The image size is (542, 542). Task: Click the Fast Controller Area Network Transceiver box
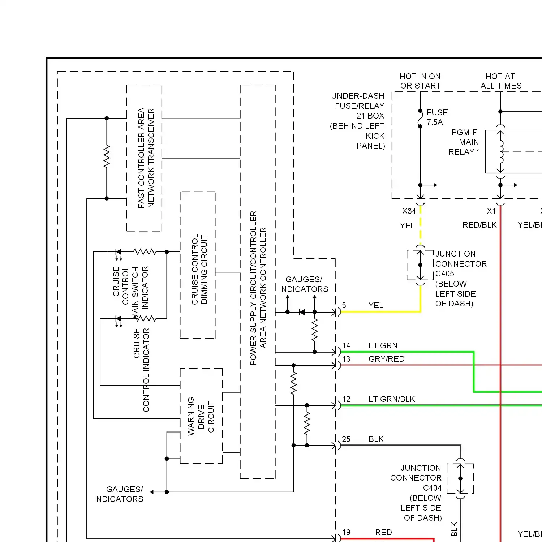[144, 158]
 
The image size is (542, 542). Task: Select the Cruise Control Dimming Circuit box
[198, 265]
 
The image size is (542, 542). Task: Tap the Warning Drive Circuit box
[201, 416]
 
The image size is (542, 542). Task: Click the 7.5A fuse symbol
[420, 119]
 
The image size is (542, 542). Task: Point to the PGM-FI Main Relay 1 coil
[501, 152]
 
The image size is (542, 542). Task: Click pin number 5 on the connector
[344, 306]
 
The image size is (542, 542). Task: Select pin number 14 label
[346, 346]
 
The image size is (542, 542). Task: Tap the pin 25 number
[346, 439]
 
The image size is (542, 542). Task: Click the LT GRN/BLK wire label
[392, 399]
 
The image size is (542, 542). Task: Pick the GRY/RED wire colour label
[386, 359]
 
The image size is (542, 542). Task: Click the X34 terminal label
[409, 211]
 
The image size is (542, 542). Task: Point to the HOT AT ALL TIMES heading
[501, 81]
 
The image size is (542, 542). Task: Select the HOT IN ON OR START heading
[420, 81]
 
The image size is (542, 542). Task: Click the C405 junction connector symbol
[420, 265]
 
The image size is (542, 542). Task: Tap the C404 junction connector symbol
[460, 478]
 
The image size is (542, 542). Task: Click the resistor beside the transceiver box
[107, 157]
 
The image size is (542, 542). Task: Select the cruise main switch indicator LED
[118, 252]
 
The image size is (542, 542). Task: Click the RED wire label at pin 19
[383, 533]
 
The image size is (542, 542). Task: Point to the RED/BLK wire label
[479, 225]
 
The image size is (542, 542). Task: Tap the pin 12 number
[346, 399]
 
